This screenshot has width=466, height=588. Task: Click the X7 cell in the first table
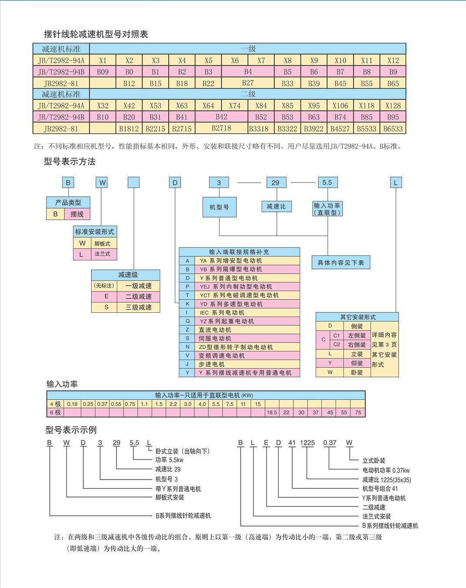point(261,60)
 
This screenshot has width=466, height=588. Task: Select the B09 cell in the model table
point(103,72)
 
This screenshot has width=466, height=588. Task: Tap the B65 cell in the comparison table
point(393,83)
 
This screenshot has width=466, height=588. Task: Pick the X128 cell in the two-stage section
point(393,105)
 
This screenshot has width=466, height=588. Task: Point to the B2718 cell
point(221,128)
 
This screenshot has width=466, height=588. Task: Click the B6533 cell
point(393,128)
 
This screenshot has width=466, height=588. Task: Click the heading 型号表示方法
point(70,162)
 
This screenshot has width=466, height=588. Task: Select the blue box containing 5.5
point(328,182)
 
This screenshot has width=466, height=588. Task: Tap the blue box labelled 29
point(276,182)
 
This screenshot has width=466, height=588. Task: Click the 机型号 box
point(219,207)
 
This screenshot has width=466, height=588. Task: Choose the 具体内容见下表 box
point(341,263)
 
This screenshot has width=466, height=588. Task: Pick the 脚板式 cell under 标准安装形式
point(104,243)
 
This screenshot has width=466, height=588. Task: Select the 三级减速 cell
point(138,308)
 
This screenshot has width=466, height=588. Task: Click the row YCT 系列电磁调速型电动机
point(240,295)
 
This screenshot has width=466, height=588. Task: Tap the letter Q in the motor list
point(187,321)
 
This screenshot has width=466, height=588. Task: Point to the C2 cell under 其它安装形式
point(337,345)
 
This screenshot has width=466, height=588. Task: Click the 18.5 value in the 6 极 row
point(272,412)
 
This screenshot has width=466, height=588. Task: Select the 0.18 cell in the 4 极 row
point(72,404)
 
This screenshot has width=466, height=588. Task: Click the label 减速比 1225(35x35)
point(386,480)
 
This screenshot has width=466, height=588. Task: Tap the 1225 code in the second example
point(307,443)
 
